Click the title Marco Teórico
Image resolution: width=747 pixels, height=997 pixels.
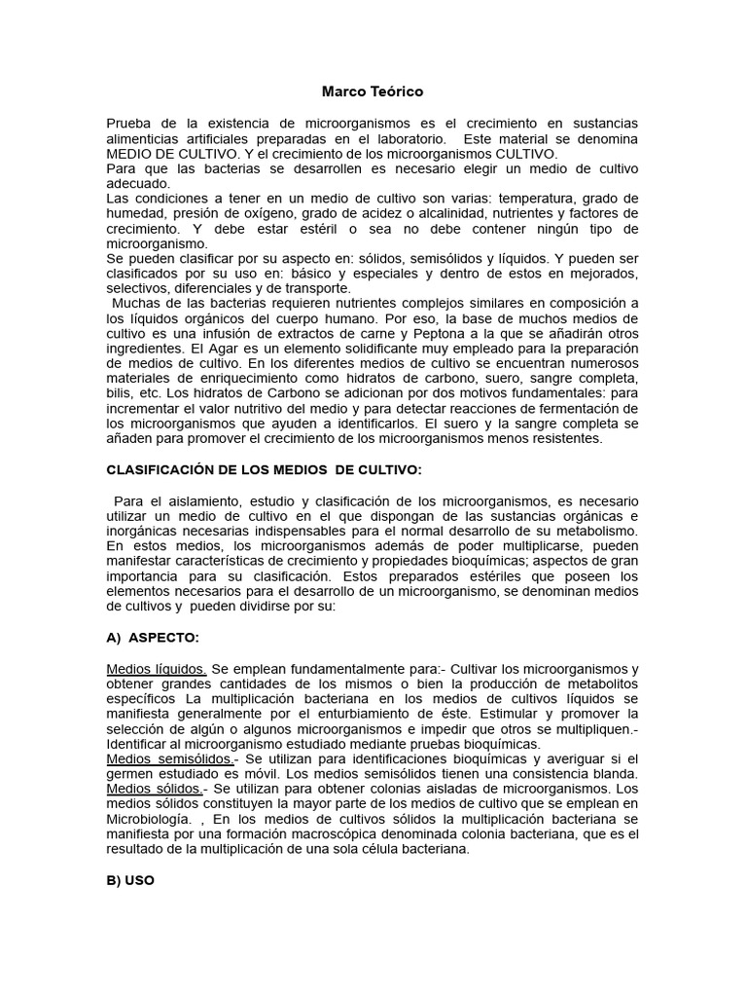click(x=373, y=92)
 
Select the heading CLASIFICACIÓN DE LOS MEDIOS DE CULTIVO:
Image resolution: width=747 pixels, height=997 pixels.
click(x=264, y=470)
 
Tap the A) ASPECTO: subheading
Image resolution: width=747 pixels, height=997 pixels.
click(x=154, y=638)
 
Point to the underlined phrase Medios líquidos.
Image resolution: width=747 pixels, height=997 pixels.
click(x=156, y=669)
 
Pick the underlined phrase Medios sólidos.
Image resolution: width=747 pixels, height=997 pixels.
click(x=155, y=789)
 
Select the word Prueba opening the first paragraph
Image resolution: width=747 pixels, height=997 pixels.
click(x=132, y=123)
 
